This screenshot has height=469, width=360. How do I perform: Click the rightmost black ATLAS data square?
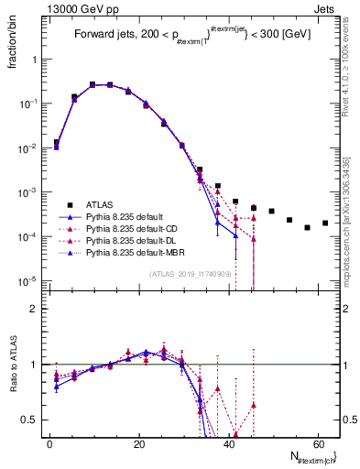pyautogui.click(x=325, y=223)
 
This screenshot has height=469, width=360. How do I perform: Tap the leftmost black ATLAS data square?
pyautogui.click(x=57, y=143)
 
